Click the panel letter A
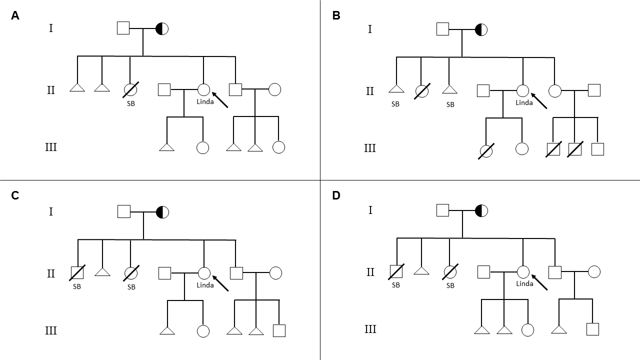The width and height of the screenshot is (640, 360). (15, 15)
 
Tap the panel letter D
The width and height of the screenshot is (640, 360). (336, 195)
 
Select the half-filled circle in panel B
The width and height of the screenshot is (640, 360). (481, 29)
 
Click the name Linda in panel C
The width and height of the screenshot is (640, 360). (205, 285)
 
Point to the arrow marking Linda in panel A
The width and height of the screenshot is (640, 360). (220, 100)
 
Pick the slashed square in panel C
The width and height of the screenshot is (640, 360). (77, 272)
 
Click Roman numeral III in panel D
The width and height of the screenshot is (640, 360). (370, 329)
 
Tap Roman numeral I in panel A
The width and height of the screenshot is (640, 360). (50, 28)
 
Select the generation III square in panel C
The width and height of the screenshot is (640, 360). (279, 330)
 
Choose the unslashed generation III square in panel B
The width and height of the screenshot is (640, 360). (597, 149)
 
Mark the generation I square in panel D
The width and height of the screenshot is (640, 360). (442, 210)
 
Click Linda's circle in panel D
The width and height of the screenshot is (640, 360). (523, 272)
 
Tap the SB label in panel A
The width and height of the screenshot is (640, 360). (130, 103)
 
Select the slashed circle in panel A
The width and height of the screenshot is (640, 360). (130, 90)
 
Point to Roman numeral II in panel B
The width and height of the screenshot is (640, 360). (370, 91)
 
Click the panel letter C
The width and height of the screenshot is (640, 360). (15, 195)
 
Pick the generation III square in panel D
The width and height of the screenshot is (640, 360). (592, 329)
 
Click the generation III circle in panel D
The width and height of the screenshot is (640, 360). (527, 330)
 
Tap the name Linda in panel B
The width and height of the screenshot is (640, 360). (524, 102)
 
